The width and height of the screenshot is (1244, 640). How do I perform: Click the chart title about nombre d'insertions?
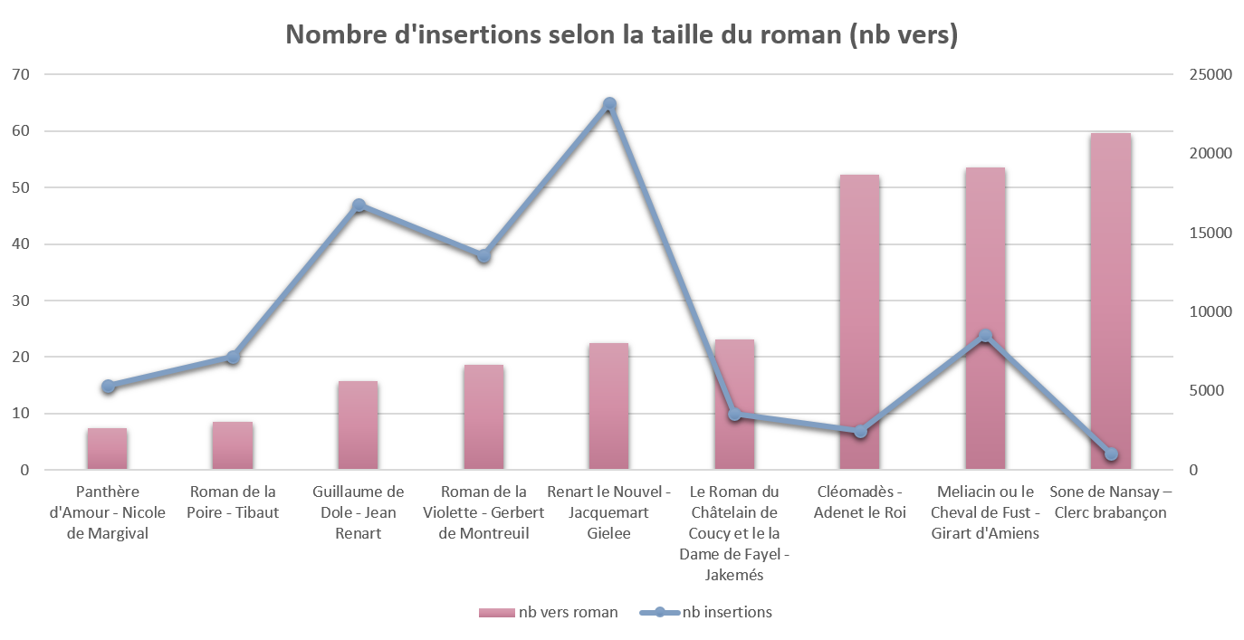click(x=621, y=34)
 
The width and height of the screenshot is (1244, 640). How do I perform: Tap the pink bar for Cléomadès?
click(x=859, y=321)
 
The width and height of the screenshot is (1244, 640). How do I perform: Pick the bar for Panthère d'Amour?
click(x=107, y=449)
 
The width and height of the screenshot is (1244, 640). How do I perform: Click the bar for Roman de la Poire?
click(x=233, y=445)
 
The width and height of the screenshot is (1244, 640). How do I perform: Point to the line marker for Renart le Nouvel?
click(x=609, y=103)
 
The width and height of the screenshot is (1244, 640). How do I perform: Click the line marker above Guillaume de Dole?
click(x=359, y=205)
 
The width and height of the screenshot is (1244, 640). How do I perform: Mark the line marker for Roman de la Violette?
click(x=483, y=255)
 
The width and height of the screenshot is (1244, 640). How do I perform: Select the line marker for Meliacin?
click(x=985, y=336)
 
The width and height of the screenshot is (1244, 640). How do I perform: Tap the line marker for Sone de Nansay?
click(x=1111, y=454)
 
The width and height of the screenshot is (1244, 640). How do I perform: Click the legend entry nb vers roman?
click(x=549, y=613)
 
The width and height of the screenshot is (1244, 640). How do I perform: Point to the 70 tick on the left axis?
click(x=20, y=74)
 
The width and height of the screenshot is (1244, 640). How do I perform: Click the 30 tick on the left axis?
click(x=20, y=301)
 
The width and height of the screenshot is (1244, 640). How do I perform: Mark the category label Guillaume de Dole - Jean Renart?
click(x=359, y=512)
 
